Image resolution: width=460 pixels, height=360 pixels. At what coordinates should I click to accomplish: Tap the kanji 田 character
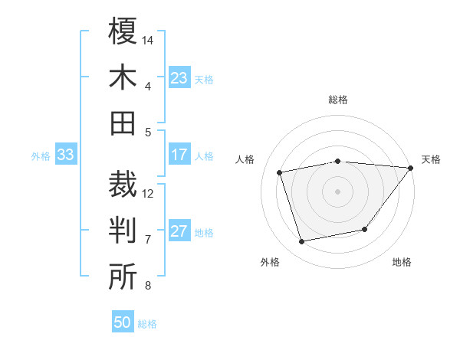point(123,123)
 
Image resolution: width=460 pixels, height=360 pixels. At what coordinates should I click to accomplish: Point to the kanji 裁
point(123,184)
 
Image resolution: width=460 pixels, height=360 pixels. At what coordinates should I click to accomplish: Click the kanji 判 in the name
point(123,231)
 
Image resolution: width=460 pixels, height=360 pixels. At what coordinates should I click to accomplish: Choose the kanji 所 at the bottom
point(123,277)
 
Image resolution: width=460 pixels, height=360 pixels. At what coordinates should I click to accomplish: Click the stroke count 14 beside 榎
point(148,39)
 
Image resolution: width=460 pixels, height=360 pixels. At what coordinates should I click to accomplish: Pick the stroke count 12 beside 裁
point(148,193)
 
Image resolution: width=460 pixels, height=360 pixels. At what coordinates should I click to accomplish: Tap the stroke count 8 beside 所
point(148,286)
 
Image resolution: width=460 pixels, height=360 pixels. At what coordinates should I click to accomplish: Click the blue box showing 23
point(179,77)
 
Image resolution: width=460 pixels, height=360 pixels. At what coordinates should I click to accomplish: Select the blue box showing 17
point(179,155)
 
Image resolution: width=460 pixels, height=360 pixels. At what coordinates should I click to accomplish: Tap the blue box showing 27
point(179,231)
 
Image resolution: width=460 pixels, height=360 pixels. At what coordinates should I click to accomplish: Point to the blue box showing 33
point(65,155)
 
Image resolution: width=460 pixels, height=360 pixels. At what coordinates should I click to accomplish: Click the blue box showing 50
point(123,322)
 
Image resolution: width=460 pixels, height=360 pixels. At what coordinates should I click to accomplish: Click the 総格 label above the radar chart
point(338,100)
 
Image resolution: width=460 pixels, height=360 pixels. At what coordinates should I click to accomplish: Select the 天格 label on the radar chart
point(431,159)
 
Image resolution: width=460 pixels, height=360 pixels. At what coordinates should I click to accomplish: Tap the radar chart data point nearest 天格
point(411,168)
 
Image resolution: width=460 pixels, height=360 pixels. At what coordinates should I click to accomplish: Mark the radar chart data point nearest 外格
point(302,242)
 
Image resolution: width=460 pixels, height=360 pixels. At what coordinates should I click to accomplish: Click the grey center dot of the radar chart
point(337,191)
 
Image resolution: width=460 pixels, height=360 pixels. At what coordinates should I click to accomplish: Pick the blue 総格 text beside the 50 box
point(147,324)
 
